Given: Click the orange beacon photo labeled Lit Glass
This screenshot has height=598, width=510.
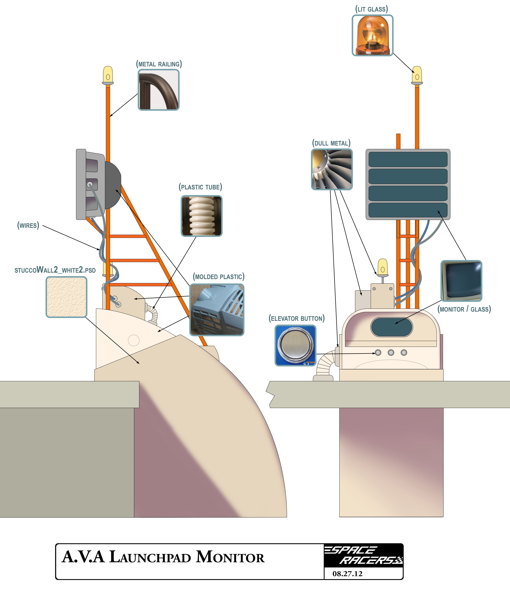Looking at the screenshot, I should tap(372, 35).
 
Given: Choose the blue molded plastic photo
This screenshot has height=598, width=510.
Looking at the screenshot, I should tap(217, 310).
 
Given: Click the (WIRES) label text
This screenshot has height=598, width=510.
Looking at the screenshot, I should tap(28, 225).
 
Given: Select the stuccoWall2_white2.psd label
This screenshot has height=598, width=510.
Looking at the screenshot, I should tap(55, 270).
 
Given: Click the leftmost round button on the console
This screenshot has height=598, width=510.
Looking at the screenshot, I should tap(378, 352).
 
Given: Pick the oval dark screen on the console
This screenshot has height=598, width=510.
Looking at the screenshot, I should tap(392, 327).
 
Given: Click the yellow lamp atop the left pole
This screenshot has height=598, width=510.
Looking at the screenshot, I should tap(108, 75).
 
